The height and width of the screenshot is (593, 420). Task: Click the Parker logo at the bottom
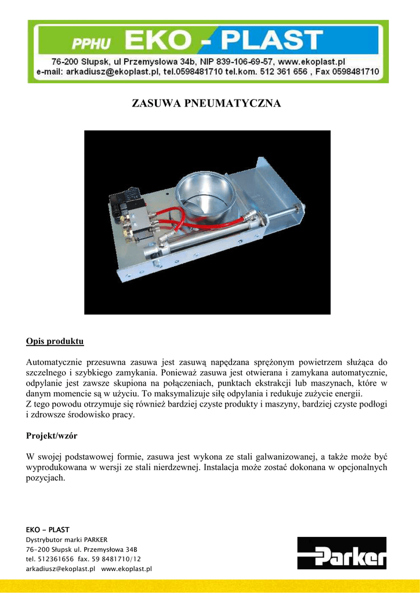[342, 553]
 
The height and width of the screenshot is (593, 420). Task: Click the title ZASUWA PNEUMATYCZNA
[207, 104]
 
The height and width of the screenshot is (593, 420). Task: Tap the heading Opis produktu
[55, 341]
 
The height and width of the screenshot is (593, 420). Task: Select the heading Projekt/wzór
[52, 435]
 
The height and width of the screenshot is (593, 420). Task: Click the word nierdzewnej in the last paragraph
[175, 467]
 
